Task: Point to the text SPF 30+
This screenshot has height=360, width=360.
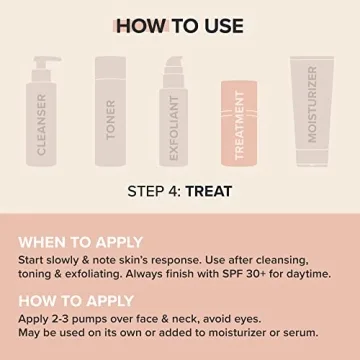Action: click(x=244, y=273)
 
